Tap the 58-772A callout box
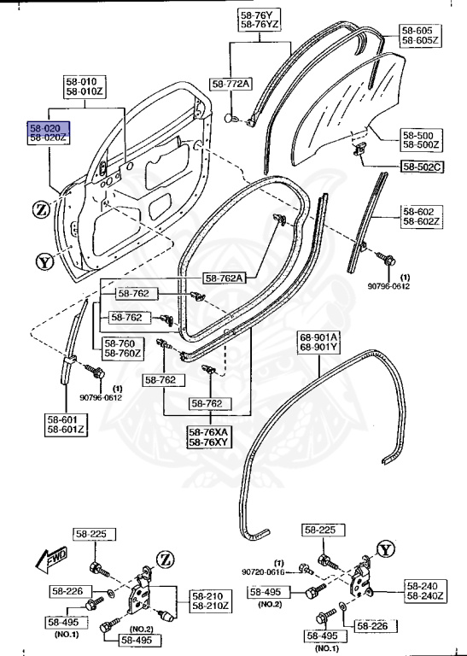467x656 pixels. click(x=231, y=83)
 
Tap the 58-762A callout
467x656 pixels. click(x=225, y=278)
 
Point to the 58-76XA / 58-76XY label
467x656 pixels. click(x=208, y=437)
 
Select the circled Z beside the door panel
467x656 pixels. click(x=41, y=208)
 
